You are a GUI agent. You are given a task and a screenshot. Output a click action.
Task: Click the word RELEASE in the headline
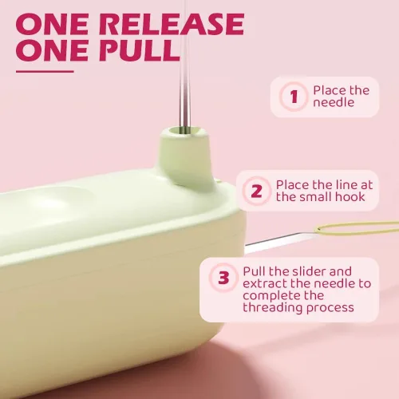tap(172, 24)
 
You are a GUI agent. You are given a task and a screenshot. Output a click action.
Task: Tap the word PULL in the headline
tap(140, 50)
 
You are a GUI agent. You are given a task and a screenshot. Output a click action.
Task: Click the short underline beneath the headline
tap(45, 71)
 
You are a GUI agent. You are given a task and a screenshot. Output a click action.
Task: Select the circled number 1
tap(294, 97)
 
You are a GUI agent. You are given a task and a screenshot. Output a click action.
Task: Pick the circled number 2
tap(256, 191)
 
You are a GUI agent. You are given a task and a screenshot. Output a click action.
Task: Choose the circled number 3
tap(223, 278)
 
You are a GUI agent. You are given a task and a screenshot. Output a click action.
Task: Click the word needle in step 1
tap(334, 102)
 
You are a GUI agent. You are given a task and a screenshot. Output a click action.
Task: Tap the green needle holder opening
tap(184, 131)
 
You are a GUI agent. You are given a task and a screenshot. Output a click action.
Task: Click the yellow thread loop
tap(357, 229)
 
